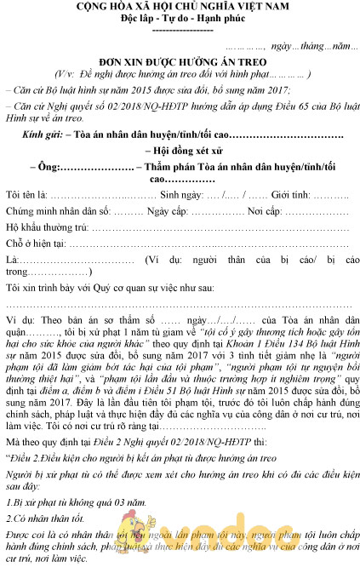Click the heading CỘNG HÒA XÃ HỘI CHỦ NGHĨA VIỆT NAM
(180, 7)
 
